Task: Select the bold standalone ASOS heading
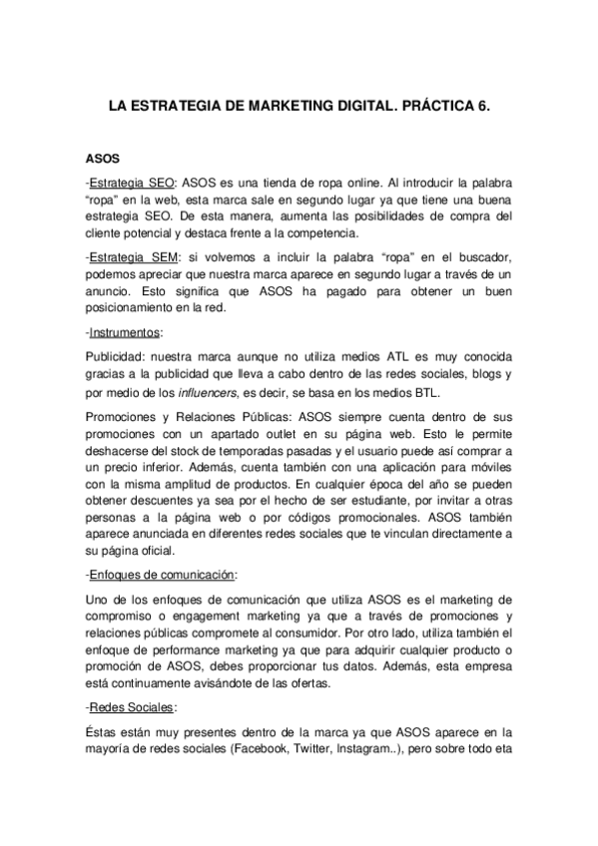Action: click(103, 159)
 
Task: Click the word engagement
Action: click(184, 620)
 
